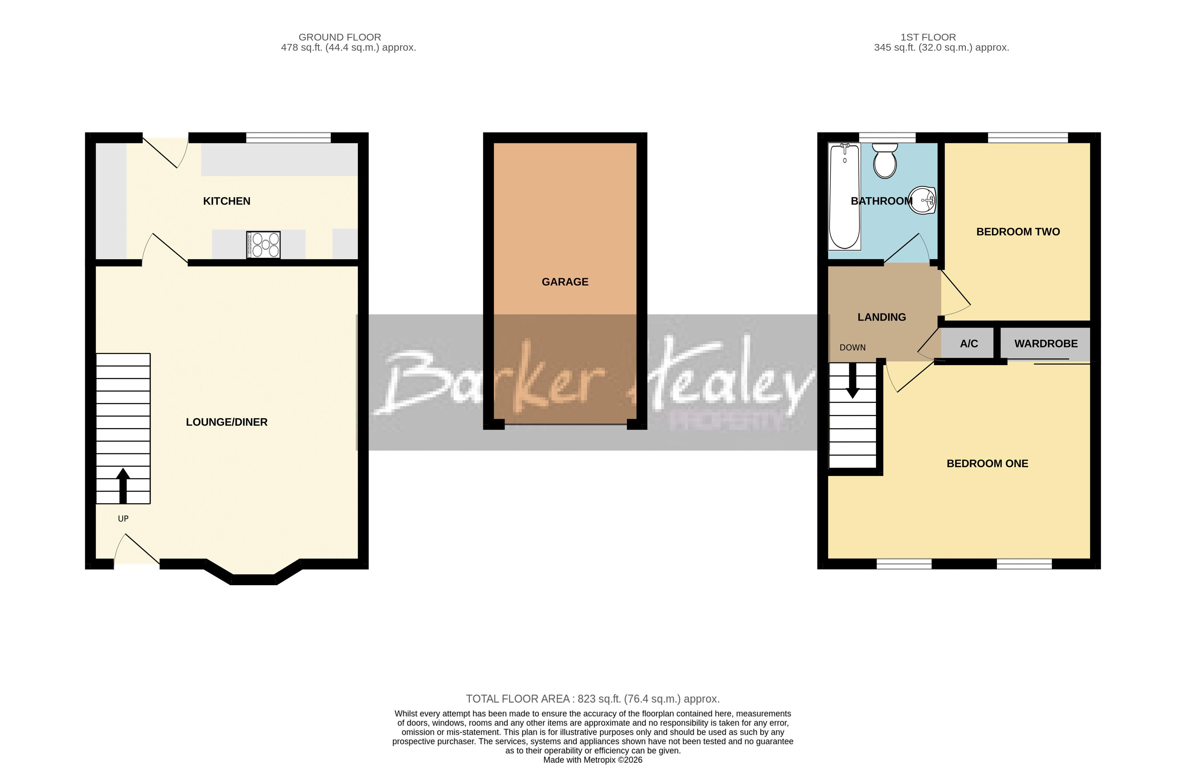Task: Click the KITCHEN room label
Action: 227,201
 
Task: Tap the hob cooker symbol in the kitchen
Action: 263,245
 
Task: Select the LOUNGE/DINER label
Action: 227,422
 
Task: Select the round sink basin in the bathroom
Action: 922,200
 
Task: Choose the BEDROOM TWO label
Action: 1018,232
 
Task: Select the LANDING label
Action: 881,317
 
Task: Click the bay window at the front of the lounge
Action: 253,579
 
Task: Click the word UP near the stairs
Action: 123,519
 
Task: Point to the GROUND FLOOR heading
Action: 340,37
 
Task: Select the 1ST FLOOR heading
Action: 928,37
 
